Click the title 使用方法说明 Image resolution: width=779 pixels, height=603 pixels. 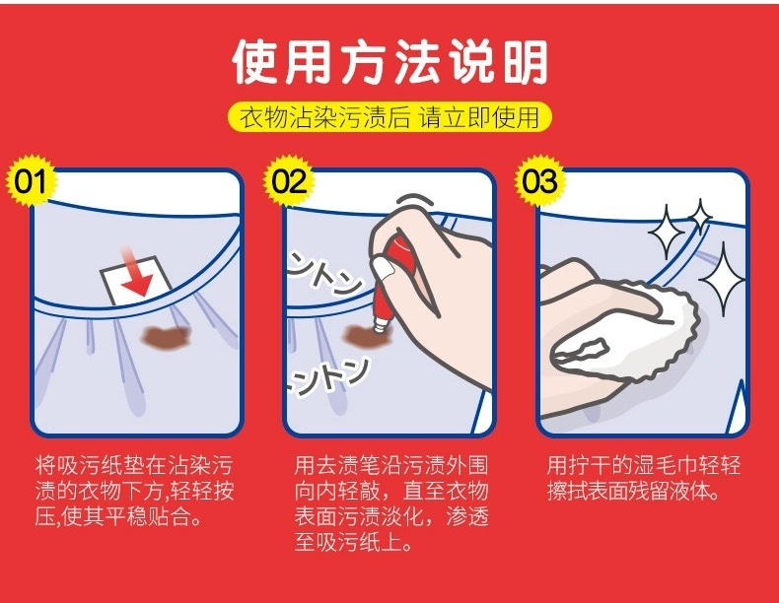(390, 61)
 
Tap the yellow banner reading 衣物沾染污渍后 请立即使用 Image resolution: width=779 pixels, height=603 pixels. (389, 117)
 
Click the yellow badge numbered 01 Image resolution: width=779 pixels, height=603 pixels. (31, 180)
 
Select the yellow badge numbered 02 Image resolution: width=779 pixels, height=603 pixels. (289, 180)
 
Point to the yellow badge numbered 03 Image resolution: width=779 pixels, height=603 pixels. (541, 180)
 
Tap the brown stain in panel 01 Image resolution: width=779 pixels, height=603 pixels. (166, 337)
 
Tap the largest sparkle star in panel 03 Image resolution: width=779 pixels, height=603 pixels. (723, 280)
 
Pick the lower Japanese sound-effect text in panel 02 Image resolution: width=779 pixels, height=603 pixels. (329, 377)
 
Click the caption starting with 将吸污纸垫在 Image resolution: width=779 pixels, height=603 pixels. (134, 492)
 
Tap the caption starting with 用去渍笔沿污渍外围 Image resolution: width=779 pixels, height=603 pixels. (391, 504)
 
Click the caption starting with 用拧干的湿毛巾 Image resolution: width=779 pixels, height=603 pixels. (644, 479)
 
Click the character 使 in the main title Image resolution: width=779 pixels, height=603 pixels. (253, 61)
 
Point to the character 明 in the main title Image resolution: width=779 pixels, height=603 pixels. (526, 62)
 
